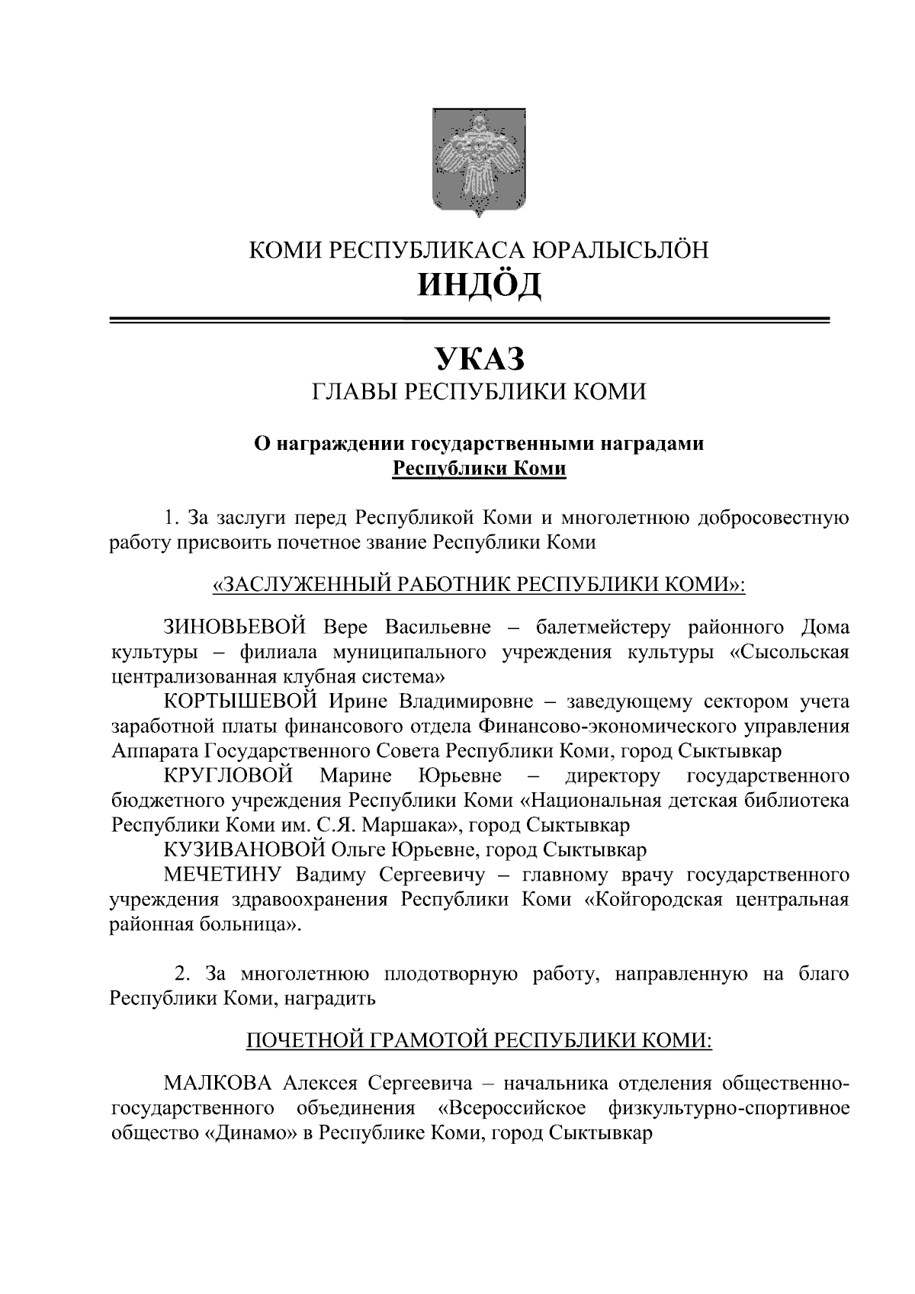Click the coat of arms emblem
479,162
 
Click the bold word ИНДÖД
479,284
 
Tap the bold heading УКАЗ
479,358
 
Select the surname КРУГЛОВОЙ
228,776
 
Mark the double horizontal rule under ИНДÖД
469,321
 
